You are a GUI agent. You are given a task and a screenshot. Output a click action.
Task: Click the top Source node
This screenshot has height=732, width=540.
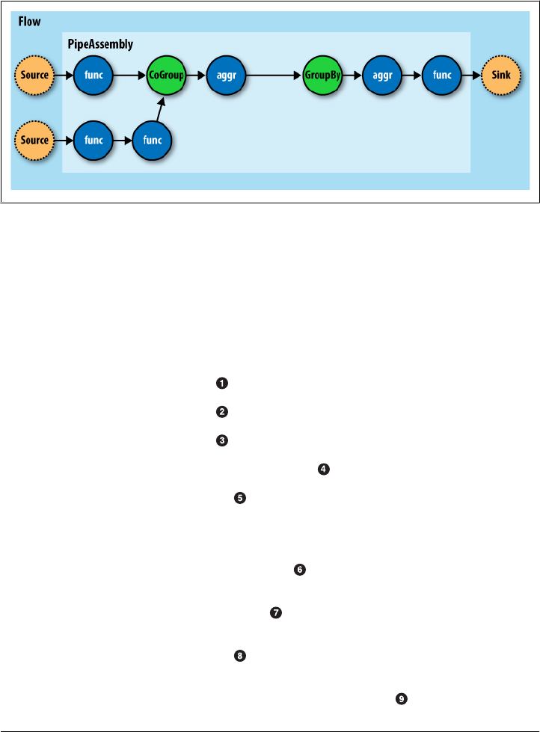[x=34, y=75]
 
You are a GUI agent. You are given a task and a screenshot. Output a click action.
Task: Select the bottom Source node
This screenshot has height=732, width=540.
[x=34, y=140]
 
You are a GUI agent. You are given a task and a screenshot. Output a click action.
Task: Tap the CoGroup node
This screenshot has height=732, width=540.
[x=166, y=75]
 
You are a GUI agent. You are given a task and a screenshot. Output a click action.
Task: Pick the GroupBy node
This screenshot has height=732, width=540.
[x=322, y=75]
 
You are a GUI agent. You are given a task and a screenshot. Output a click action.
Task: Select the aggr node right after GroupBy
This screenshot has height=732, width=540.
[x=381, y=75]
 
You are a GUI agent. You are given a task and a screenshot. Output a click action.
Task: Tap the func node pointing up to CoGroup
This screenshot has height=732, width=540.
[x=152, y=140]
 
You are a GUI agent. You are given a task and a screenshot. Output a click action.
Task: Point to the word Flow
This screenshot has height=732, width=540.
[x=30, y=22]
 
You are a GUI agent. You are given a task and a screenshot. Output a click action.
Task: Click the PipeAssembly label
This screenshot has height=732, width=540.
[x=100, y=44]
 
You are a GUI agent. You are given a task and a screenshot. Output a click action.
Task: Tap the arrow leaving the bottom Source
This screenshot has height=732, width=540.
[x=64, y=140]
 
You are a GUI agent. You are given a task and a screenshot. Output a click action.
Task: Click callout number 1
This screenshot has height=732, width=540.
[x=221, y=384]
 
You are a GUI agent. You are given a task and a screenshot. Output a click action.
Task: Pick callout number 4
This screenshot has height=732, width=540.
[x=323, y=469]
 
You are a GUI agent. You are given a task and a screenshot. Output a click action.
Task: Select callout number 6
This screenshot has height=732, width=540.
[x=299, y=570]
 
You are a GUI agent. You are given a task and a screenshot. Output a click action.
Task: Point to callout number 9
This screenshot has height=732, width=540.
[x=402, y=698]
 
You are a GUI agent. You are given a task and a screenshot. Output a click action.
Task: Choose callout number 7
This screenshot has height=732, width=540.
[x=275, y=613]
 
